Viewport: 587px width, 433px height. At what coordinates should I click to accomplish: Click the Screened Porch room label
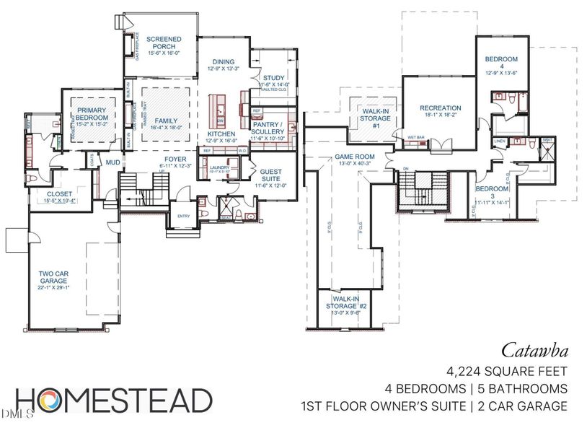[164, 43]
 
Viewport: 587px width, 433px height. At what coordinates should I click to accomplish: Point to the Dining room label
[222, 63]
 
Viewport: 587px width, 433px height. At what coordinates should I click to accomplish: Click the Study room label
[273, 78]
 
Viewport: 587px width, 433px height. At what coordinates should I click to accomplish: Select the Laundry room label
[219, 167]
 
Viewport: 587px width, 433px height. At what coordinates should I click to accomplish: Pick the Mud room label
[112, 163]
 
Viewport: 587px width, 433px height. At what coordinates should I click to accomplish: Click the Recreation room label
[440, 108]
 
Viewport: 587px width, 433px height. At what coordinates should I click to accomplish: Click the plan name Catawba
[535, 352]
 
